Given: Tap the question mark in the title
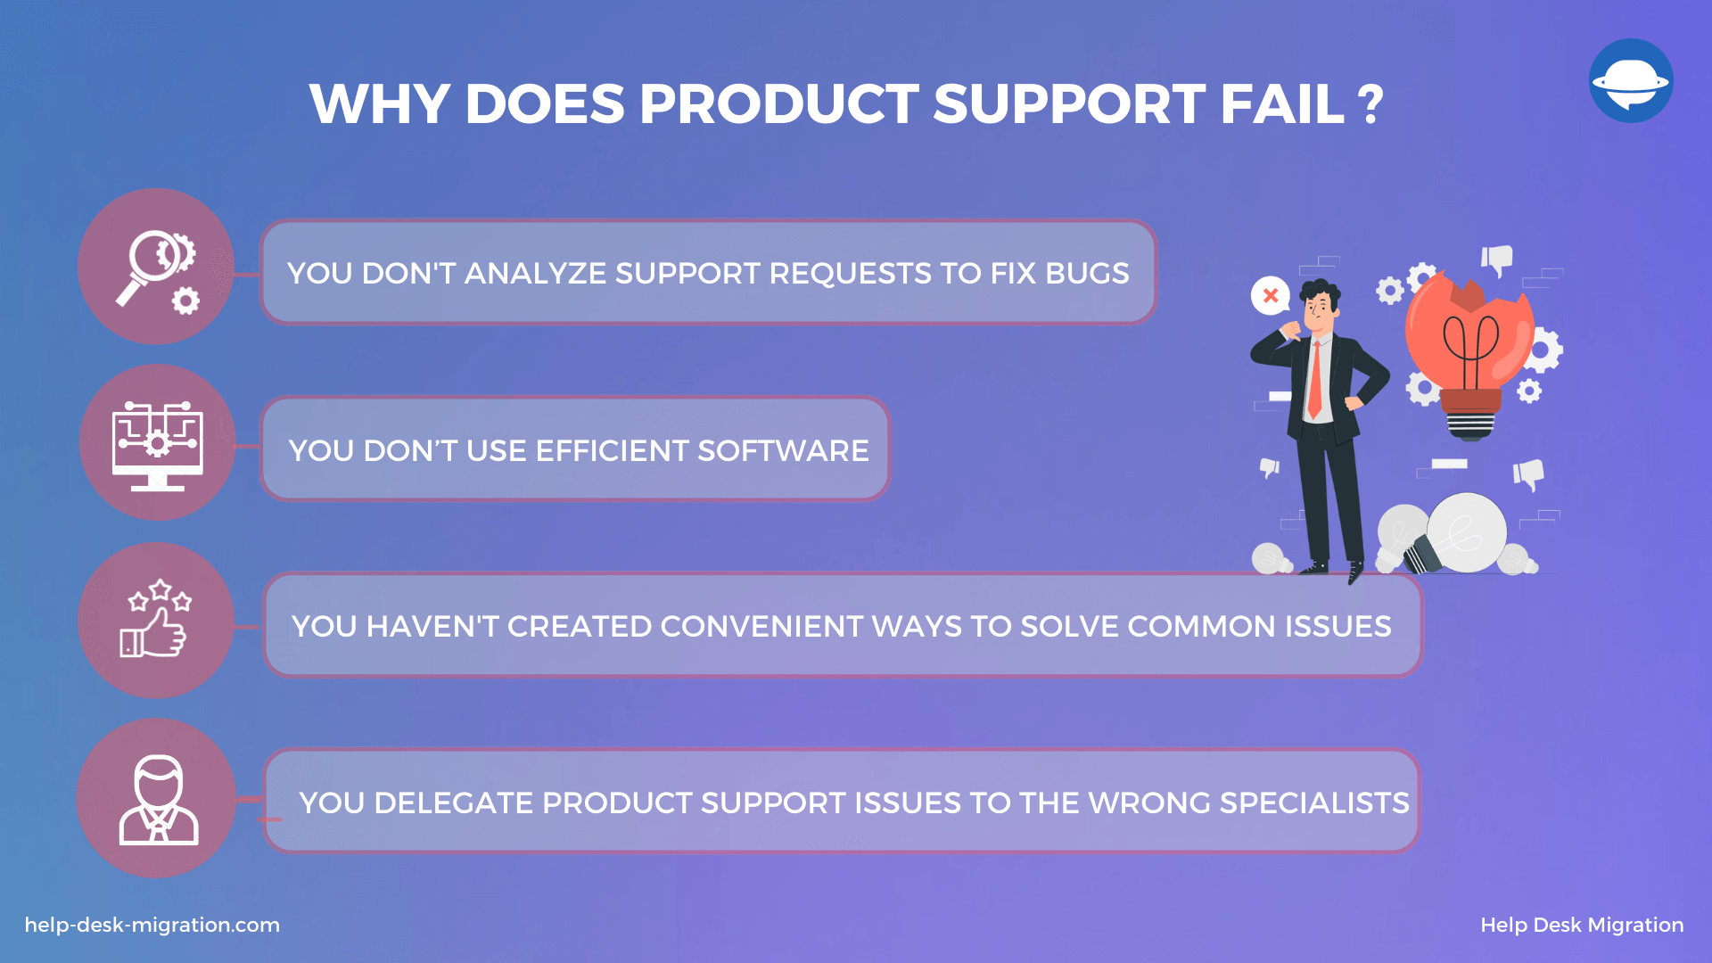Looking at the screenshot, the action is coord(1370,104).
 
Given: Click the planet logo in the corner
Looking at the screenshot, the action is coord(1631,80).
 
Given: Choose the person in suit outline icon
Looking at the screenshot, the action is coord(159,799).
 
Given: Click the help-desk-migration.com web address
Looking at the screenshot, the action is coord(152,925).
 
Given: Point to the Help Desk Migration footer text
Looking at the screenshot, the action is coord(1582,925).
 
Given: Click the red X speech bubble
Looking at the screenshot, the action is coord(1271,295).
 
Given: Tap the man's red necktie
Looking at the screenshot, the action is coord(1314,379).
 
